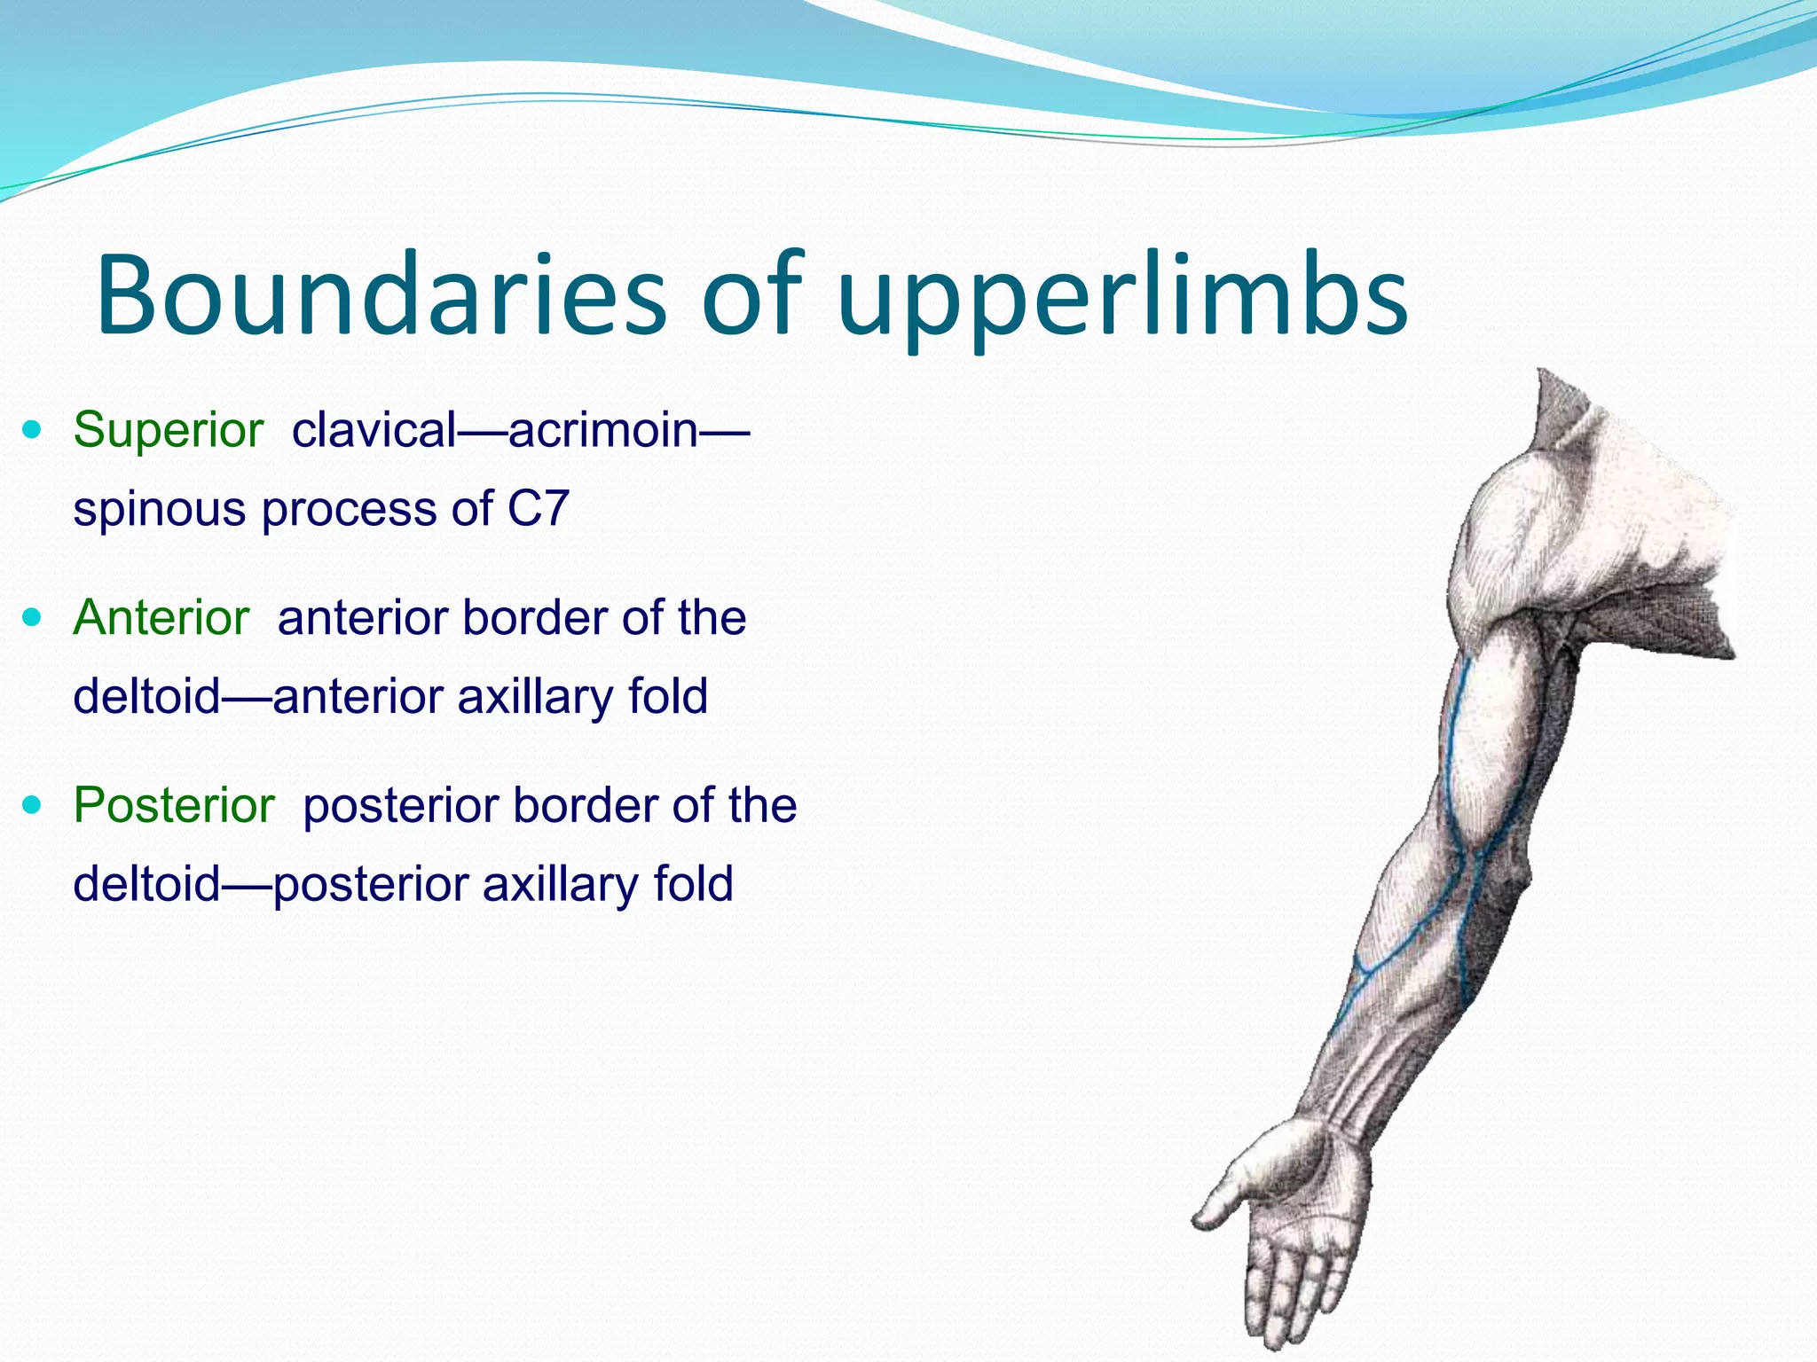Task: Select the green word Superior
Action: pyautogui.click(x=169, y=430)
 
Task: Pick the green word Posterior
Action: pyautogui.click(x=174, y=805)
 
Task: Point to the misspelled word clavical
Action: pyautogui.click(x=374, y=430)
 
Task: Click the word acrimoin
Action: pyautogui.click(x=603, y=430)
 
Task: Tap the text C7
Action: pyautogui.click(x=538, y=509)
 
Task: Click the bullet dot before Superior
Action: pyautogui.click(x=33, y=431)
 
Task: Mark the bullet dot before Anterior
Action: pyautogui.click(x=33, y=618)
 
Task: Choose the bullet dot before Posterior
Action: pyautogui.click(x=33, y=806)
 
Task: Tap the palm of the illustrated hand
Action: pyautogui.click(x=1304, y=1197)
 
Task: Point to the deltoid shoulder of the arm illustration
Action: pyautogui.click(x=1526, y=532)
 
